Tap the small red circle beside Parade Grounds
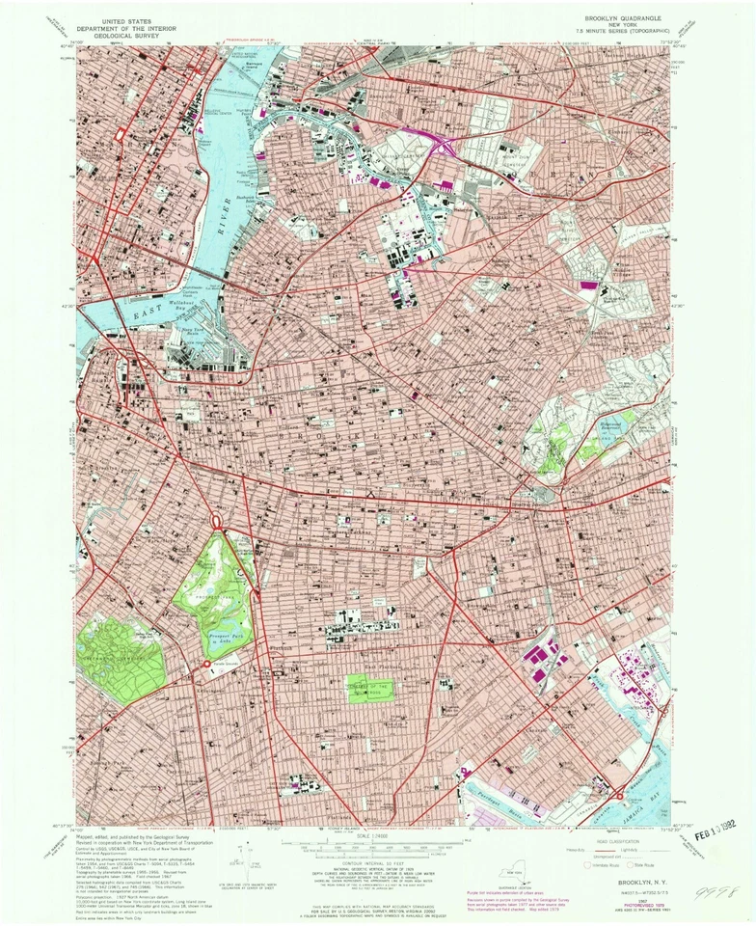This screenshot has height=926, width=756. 206,665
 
